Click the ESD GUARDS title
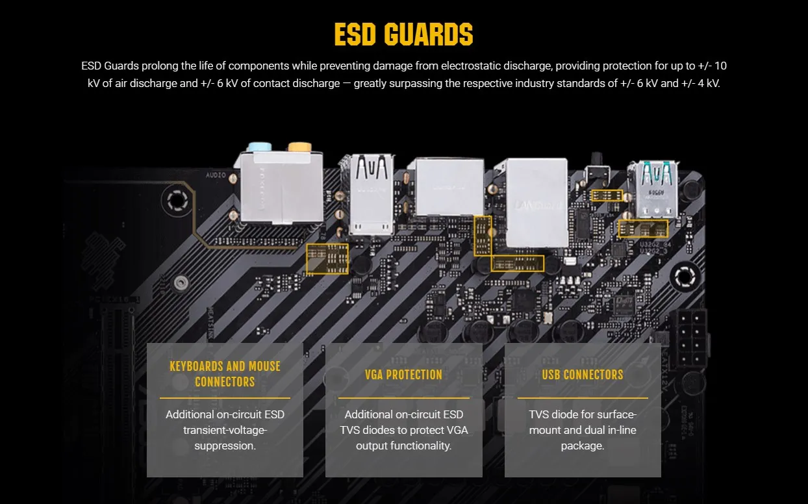(403, 34)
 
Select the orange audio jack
(299, 147)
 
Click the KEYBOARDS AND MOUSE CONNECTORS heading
(225, 373)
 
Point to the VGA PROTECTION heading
(403, 375)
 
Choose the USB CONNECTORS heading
(582, 375)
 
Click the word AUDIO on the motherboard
(216, 175)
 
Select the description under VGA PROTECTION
(403, 430)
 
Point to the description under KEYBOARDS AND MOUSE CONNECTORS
(225, 430)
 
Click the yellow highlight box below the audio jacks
(327, 258)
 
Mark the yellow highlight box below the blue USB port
(643, 229)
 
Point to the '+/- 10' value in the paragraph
(715, 66)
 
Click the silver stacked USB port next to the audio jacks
(372, 194)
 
